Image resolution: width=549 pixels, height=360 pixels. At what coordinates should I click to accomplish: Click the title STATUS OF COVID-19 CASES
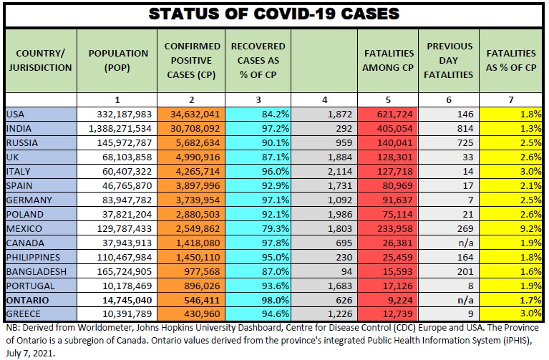click(274, 14)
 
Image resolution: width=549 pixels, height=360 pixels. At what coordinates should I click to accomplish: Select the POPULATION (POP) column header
click(118, 60)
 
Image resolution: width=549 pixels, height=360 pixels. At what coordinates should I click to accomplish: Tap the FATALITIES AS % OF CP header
click(511, 60)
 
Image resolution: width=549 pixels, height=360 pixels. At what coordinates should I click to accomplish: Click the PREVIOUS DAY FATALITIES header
click(450, 60)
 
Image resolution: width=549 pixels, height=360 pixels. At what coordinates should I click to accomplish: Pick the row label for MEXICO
click(25, 228)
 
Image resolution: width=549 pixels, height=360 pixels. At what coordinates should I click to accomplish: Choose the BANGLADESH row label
click(37, 271)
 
